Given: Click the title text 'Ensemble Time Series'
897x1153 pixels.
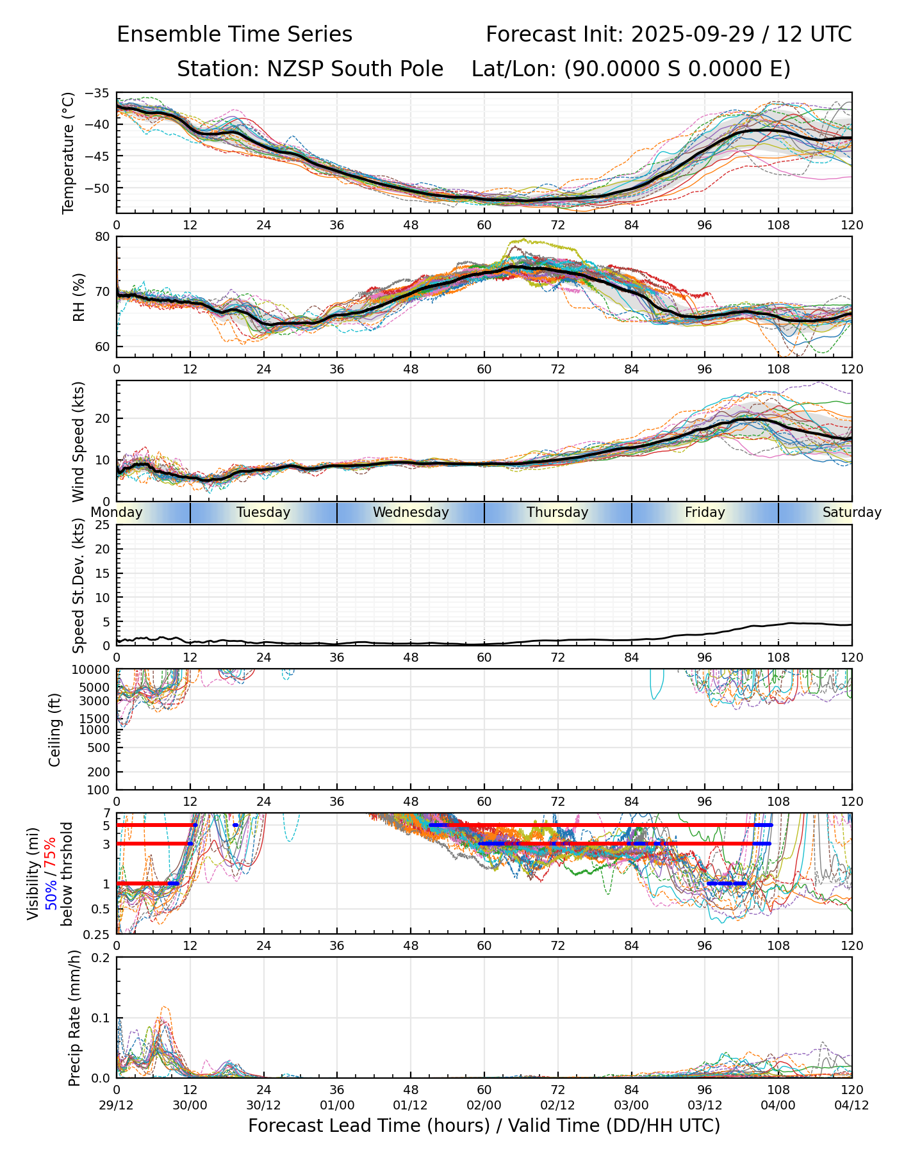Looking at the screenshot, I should click(x=235, y=35).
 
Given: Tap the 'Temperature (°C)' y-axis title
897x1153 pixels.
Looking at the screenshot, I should click(x=69, y=153).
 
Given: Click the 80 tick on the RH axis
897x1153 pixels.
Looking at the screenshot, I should click(x=103, y=237).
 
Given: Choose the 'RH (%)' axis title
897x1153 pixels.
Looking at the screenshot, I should click(x=79, y=297).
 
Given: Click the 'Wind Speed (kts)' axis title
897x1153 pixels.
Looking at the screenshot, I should click(x=79, y=441).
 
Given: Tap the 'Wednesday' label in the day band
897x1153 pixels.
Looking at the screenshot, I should click(x=411, y=512).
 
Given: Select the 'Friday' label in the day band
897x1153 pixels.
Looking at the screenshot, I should click(x=705, y=512).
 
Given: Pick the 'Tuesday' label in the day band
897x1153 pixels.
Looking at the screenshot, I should click(x=263, y=512).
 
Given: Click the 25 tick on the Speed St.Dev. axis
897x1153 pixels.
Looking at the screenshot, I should click(x=103, y=525).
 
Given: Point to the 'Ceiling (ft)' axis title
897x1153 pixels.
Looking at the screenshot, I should click(x=56, y=730).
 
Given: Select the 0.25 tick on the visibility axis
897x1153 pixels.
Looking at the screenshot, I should click(x=98, y=934).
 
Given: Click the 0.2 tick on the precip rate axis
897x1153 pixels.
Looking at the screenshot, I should click(x=101, y=958).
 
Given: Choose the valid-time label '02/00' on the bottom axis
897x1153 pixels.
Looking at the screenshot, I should click(x=484, y=1105).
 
